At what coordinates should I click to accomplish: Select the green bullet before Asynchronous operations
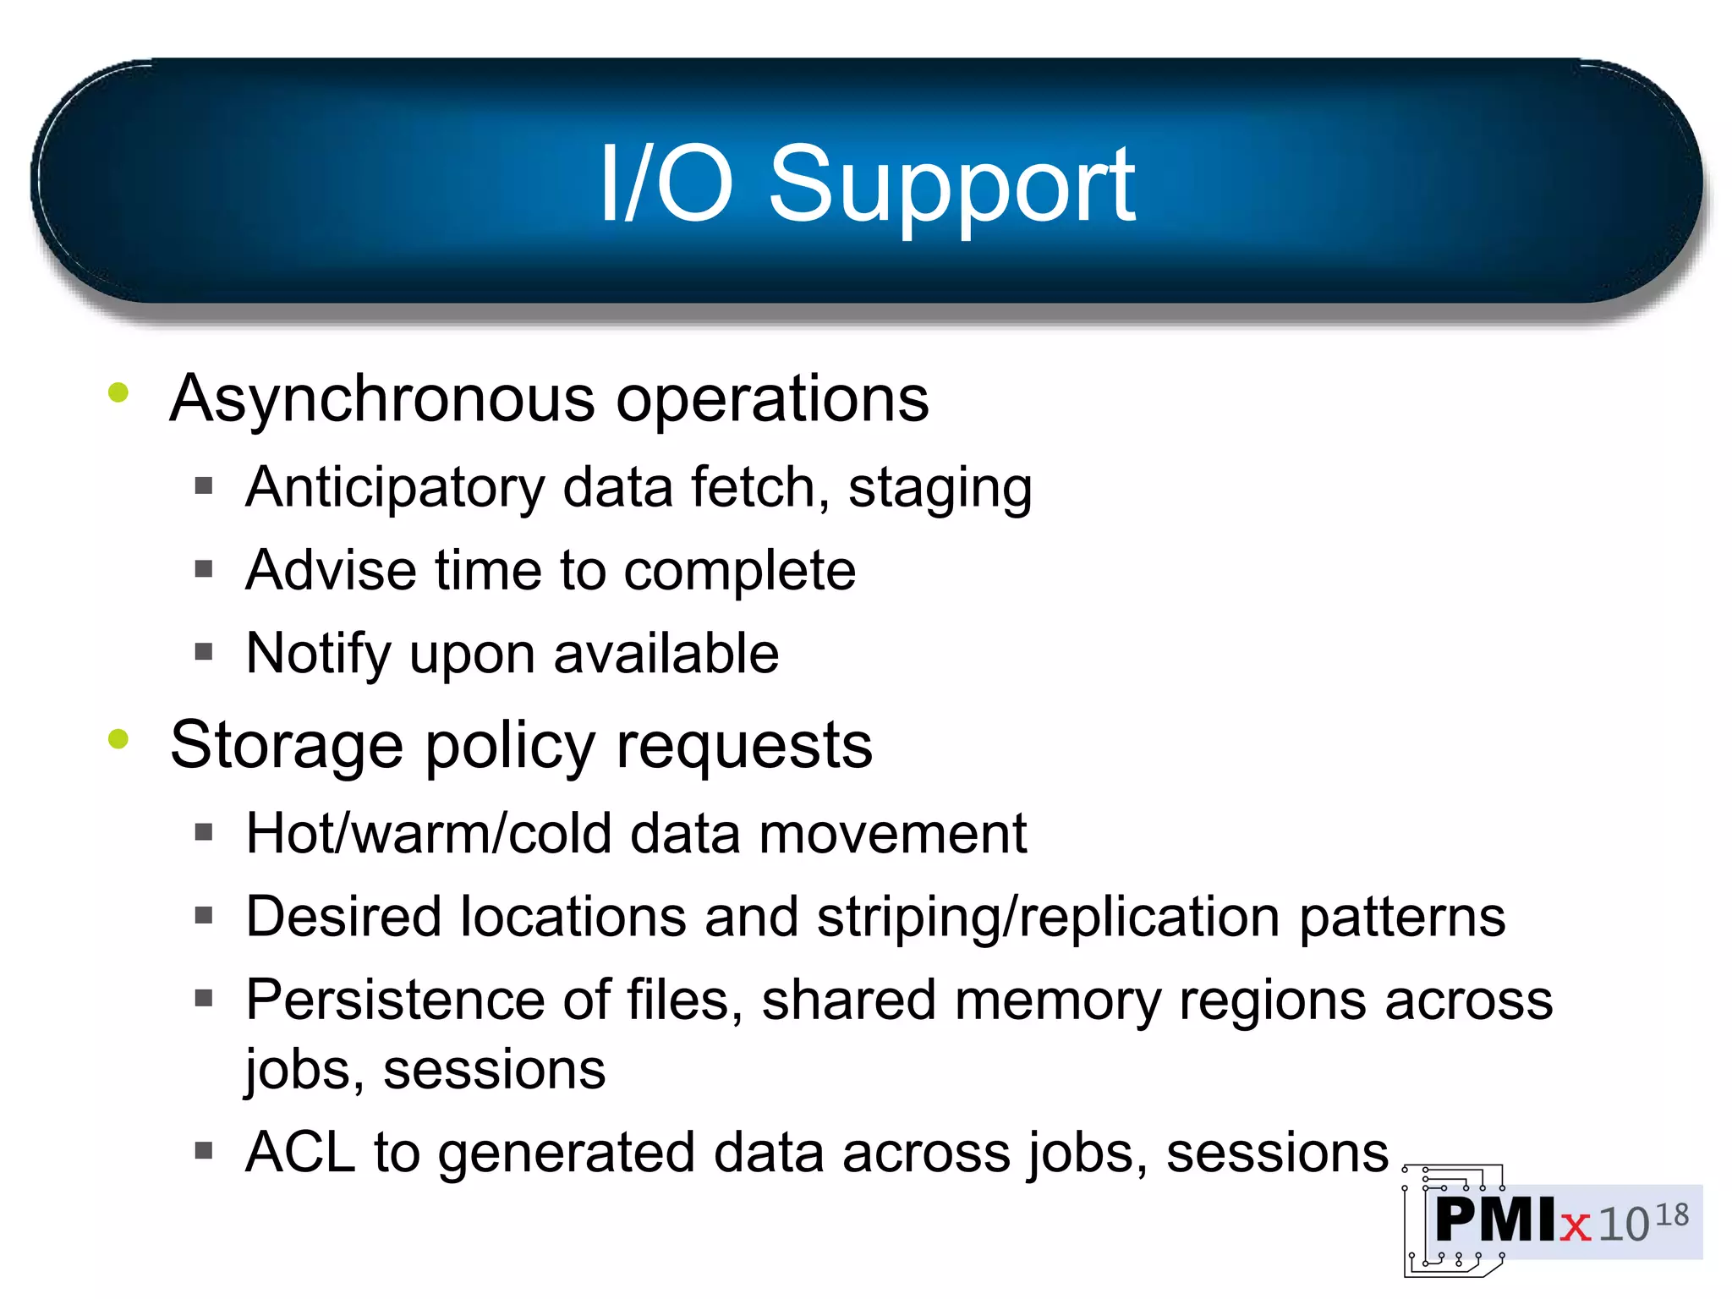118,392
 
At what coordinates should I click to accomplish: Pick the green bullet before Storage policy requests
118,739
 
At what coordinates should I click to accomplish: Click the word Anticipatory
395,488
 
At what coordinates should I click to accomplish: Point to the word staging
940,490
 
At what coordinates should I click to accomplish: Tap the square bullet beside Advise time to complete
203,569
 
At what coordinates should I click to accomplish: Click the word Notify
317,654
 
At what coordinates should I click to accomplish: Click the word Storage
286,745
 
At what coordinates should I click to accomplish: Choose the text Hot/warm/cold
429,834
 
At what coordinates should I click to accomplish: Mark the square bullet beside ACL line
203,1150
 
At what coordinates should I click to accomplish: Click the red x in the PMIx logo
1575,1225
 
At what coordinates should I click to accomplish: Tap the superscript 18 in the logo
1671,1215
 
